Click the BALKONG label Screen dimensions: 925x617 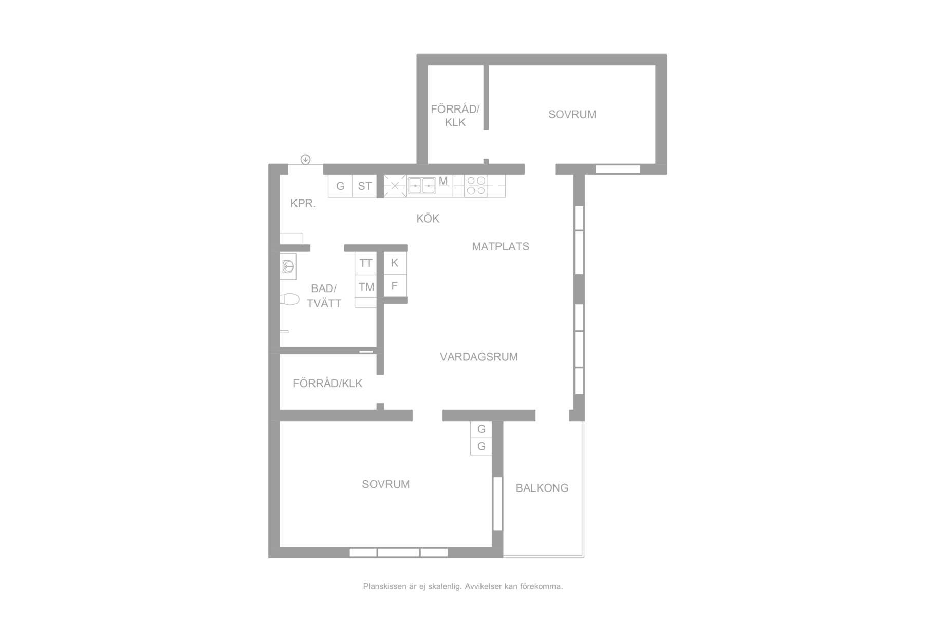[542, 488]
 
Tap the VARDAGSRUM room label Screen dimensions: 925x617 [479, 357]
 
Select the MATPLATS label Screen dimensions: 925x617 [501, 246]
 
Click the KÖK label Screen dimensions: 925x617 [428, 219]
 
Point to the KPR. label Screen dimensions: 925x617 [303, 203]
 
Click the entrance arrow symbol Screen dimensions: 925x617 [305, 159]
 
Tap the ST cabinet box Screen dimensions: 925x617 [365, 186]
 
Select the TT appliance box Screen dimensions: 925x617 [366, 263]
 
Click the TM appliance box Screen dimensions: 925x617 [366, 287]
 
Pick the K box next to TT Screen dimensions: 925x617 [395, 263]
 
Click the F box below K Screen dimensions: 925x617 [395, 285]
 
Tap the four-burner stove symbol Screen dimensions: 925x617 [475, 186]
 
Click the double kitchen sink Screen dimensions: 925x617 [422, 185]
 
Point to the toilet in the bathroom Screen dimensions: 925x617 [289, 299]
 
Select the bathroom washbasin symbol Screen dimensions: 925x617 [288, 266]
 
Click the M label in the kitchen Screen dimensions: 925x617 [443, 180]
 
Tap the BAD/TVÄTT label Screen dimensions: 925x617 [324, 296]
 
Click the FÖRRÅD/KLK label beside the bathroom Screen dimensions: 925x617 [328, 384]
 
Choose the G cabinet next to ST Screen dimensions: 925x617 [340, 186]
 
